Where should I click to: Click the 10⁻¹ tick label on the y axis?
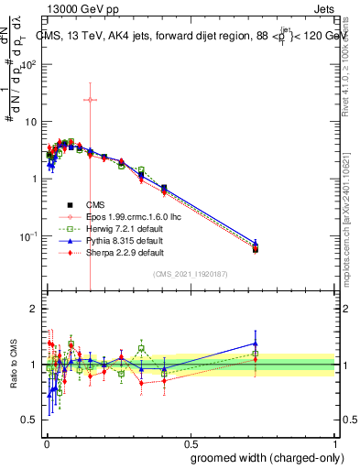[x=31, y=236]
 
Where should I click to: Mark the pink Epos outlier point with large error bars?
[x=90, y=100]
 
